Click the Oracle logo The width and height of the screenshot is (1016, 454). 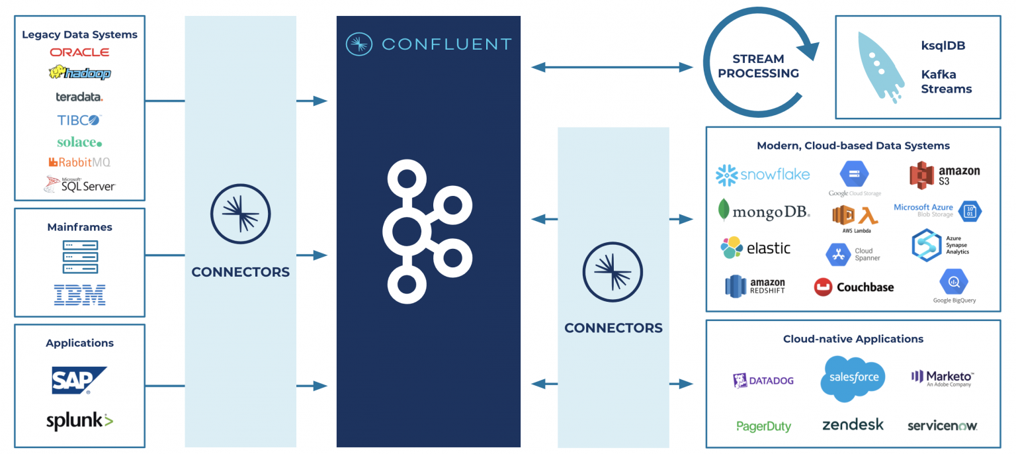(79, 52)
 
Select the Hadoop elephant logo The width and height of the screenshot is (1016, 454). (79, 73)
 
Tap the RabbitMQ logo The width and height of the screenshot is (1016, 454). (79, 162)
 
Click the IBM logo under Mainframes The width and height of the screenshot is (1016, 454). (79, 295)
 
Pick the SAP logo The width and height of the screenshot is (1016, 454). (79, 381)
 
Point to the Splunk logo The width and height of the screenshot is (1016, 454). (79, 421)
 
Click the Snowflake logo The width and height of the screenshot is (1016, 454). (763, 175)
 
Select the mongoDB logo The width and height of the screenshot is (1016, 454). (764, 211)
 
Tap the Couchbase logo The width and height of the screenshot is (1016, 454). (853, 287)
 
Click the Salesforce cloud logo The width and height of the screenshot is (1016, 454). (854, 378)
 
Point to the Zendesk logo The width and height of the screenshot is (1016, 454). (853, 425)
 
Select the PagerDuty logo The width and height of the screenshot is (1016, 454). (763, 426)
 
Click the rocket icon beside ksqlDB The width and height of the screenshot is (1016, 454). (880, 66)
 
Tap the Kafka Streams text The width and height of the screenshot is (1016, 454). (946, 81)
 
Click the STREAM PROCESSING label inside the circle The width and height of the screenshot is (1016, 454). (758, 66)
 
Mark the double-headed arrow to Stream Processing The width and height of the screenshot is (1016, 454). (612, 67)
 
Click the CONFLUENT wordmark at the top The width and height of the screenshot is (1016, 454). (446, 44)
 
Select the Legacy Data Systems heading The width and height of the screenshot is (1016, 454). (79, 34)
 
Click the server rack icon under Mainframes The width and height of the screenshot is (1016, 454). (80, 257)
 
